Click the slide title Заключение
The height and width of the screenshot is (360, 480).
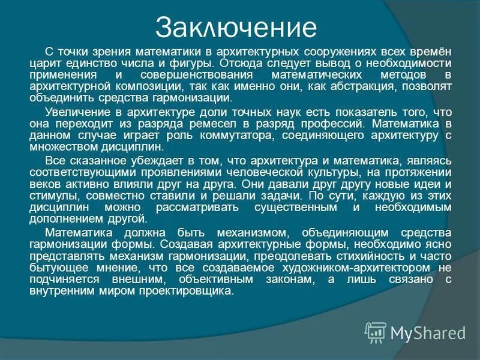point(235,27)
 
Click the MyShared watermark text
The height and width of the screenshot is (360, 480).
point(428,332)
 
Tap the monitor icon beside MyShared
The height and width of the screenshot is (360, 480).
point(376,332)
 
